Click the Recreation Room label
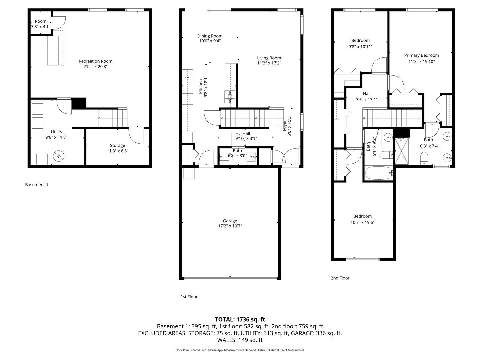pyautogui.click(x=95, y=61)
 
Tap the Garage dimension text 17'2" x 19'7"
pyautogui.click(x=230, y=226)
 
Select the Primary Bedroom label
pyautogui.click(x=421, y=55)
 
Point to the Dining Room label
pyautogui.click(x=210, y=36)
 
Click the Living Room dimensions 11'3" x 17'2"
pyautogui.click(x=269, y=63)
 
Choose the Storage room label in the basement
pyautogui.click(x=117, y=145)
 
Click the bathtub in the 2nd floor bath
pyautogui.click(x=378, y=173)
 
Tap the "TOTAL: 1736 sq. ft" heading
pyautogui.click(x=240, y=319)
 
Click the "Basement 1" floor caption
pyautogui.click(x=37, y=185)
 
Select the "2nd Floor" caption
pyautogui.click(x=340, y=278)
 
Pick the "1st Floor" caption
pyautogui.click(x=189, y=297)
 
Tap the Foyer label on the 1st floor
pyautogui.click(x=284, y=126)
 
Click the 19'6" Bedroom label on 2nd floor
pyautogui.click(x=362, y=216)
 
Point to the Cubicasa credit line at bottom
pyautogui.click(x=240, y=350)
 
